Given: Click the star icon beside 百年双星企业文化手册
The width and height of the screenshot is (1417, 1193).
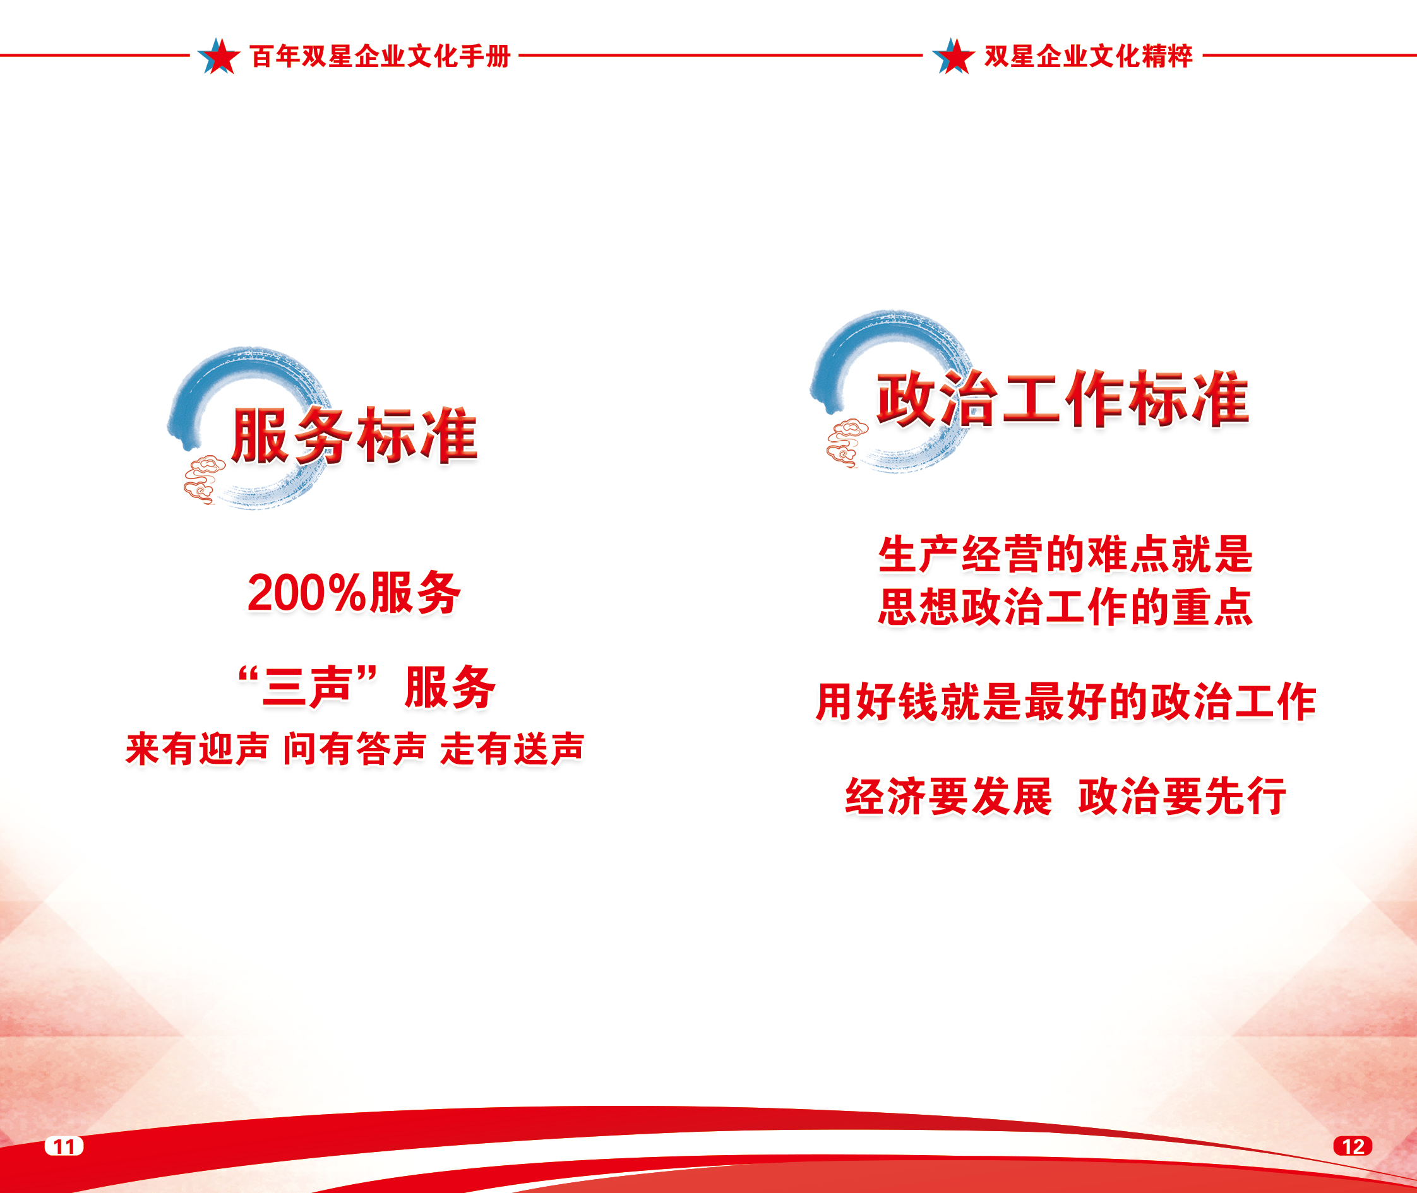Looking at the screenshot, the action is coord(218,56).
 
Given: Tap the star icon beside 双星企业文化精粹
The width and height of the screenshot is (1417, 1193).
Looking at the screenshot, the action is coord(953,56).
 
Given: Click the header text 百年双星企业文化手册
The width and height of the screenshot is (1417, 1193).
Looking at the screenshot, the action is coord(380,56).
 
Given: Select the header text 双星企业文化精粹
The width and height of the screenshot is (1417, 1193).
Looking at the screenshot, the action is coord(1088,56).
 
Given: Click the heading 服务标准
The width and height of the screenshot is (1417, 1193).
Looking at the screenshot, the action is coord(354,436).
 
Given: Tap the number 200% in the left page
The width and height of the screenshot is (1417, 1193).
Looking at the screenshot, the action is coord(306,593).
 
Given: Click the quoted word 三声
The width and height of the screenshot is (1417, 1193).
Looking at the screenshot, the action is coord(306,687).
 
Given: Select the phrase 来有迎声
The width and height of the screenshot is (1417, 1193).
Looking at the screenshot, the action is coord(197,748).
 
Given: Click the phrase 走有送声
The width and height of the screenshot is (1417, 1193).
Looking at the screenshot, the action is coord(512,748).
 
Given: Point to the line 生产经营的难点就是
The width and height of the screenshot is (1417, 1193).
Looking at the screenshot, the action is coord(1065,554).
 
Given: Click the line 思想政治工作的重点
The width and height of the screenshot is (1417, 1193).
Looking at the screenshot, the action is coord(1065,606).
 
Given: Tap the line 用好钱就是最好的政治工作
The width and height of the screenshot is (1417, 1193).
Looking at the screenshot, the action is coord(1066,701).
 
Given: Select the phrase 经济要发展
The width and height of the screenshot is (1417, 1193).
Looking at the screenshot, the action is coord(948,796).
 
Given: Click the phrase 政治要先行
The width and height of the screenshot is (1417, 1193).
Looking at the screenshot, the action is coord(1182,796).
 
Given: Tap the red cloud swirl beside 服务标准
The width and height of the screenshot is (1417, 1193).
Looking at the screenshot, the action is coord(203,480).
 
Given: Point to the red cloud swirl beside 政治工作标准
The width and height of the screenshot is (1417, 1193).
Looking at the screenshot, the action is coord(846,443).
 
